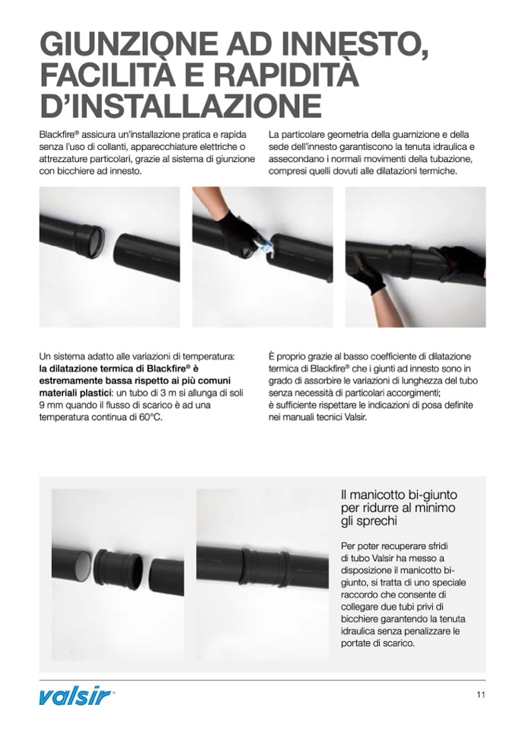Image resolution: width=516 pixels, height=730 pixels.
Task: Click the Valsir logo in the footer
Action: (75, 697)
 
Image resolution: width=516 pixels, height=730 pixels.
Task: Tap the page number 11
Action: (481, 695)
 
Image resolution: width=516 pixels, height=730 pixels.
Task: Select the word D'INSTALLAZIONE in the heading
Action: (180, 105)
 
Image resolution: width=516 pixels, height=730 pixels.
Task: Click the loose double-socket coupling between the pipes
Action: (119, 568)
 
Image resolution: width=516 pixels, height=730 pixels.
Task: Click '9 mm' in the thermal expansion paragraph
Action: (51, 405)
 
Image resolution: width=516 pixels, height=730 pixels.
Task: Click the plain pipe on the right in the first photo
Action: (147, 256)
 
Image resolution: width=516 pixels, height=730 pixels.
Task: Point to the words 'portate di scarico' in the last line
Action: (377, 644)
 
